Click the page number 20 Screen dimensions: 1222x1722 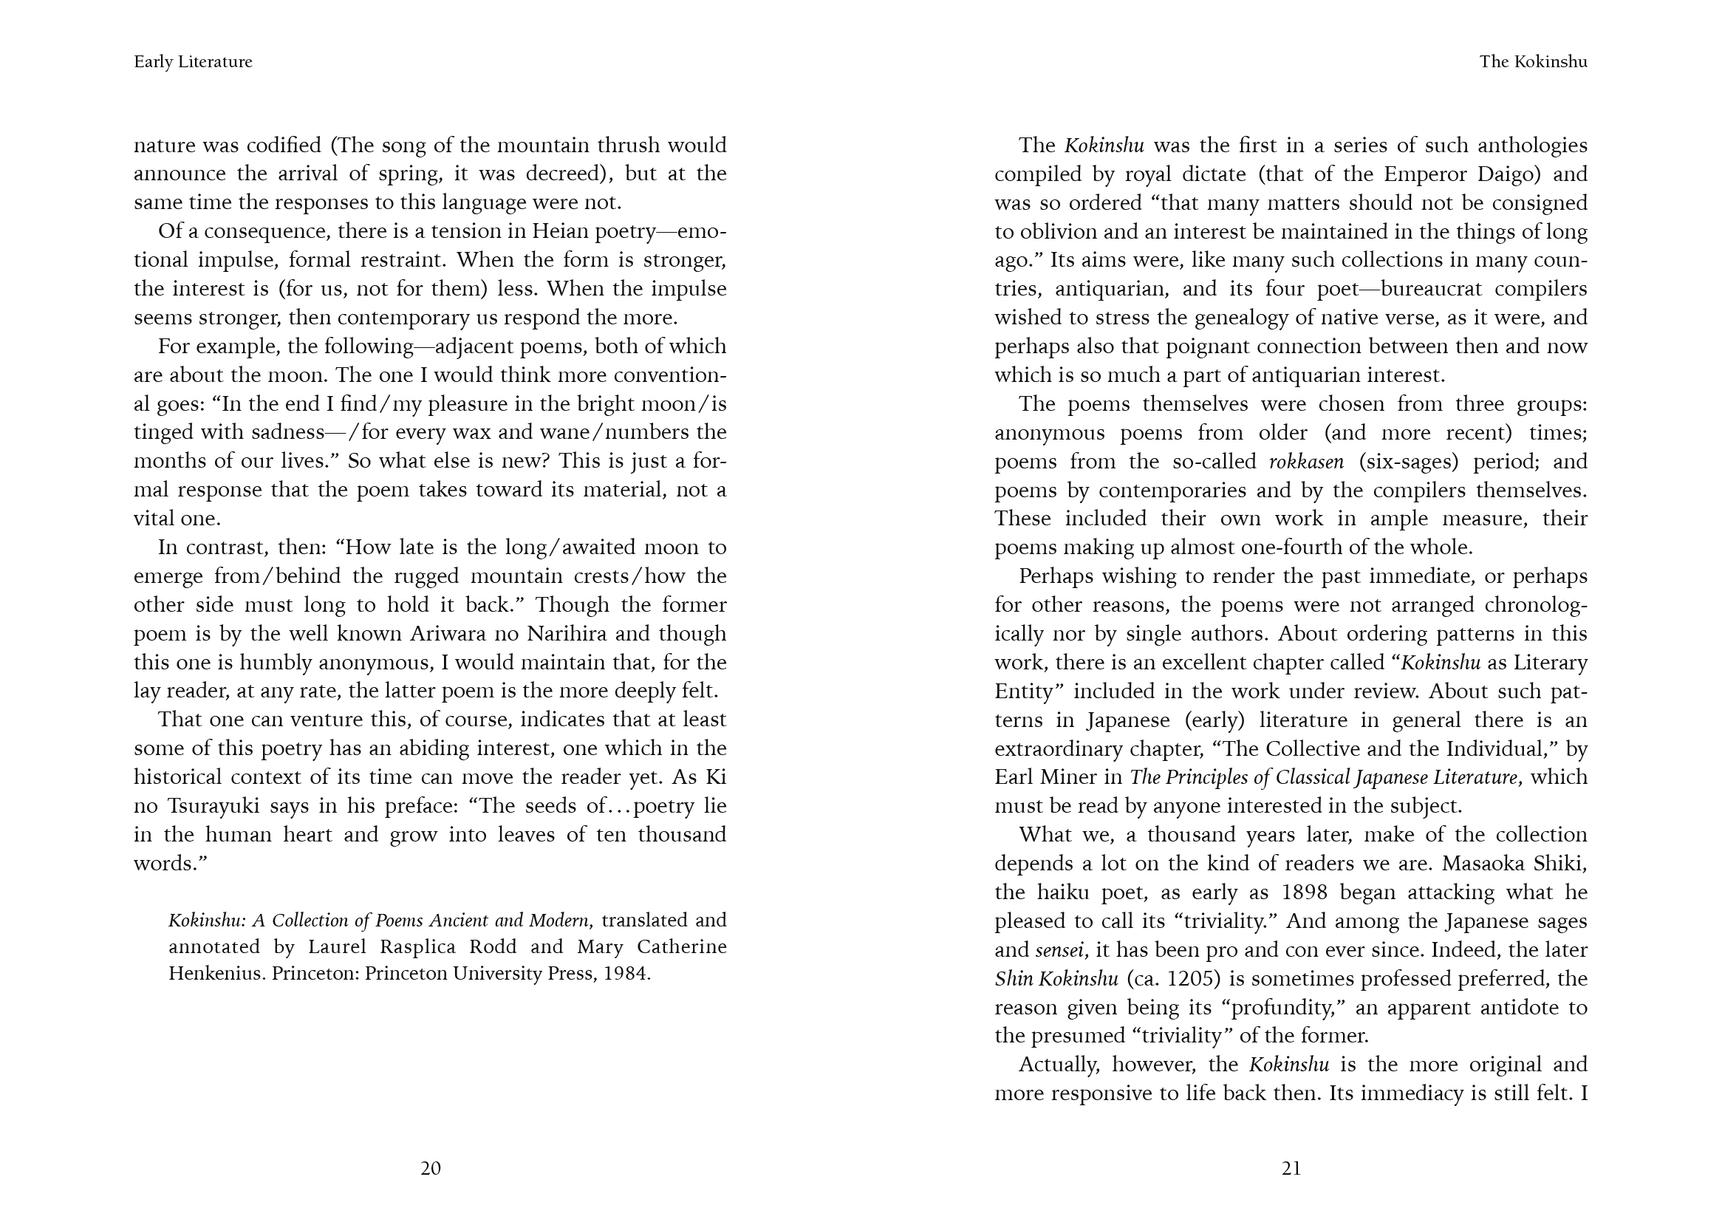pyautogui.click(x=430, y=1168)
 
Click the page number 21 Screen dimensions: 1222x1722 pyautogui.click(x=1291, y=1168)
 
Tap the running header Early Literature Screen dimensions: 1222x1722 pyautogui.click(x=193, y=62)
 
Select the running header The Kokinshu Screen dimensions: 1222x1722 pyautogui.click(x=1533, y=62)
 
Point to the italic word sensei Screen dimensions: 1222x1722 pyautogui.click(x=1060, y=950)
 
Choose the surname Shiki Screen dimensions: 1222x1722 pyautogui.click(x=1559, y=864)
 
